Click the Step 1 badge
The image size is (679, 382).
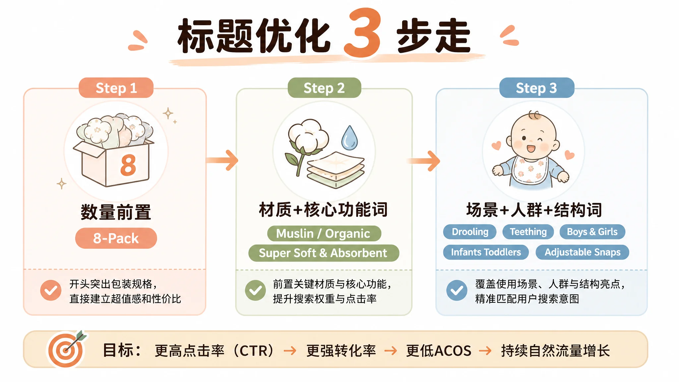click(x=116, y=88)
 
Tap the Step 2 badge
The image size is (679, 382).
click(x=324, y=88)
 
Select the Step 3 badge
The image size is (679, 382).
click(x=537, y=88)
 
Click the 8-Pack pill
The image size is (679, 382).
click(x=116, y=238)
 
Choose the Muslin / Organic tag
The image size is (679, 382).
click(x=324, y=233)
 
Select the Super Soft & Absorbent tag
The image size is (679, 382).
click(x=324, y=253)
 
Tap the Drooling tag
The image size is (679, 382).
click(x=470, y=232)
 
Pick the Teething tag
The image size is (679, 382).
click(x=528, y=232)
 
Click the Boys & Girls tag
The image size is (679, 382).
click(x=592, y=232)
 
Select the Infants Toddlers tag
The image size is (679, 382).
click(x=486, y=252)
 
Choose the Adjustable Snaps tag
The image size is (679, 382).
click(x=583, y=252)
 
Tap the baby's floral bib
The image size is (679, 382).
click(x=530, y=170)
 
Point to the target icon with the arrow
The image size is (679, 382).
click(x=67, y=349)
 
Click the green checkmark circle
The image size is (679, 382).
click(x=255, y=290)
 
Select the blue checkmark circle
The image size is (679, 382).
click(x=457, y=290)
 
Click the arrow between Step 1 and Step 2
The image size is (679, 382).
click(x=222, y=160)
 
